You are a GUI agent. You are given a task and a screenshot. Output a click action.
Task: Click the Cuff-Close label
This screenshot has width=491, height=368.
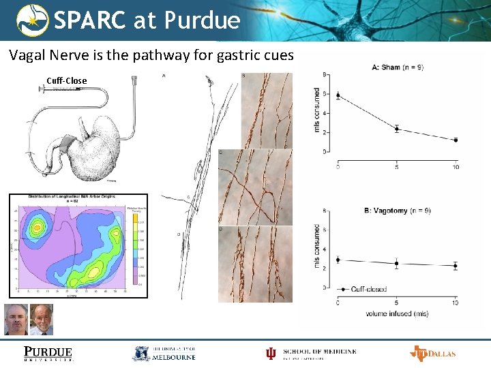click(67, 80)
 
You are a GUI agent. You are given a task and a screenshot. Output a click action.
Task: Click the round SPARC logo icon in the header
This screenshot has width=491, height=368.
click(33, 20)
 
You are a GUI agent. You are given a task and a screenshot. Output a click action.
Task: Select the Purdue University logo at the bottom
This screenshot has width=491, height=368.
click(48, 353)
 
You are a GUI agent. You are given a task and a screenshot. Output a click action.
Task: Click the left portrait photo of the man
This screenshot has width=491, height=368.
click(16, 319)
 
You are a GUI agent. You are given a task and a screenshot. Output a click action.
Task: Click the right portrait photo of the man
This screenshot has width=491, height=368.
click(42, 319)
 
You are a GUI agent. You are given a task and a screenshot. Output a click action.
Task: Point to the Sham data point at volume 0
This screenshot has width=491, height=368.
click(338, 95)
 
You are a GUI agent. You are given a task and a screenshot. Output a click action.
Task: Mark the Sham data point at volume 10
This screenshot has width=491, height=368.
click(456, 140)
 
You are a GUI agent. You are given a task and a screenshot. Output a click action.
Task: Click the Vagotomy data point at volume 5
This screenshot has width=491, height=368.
click(397, 263)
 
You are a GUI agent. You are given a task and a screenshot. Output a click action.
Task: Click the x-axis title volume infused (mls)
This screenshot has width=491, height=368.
click(397, 313)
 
